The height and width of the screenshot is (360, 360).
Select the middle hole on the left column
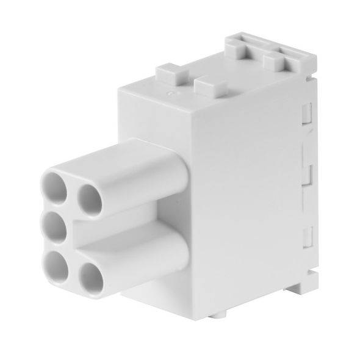coord(56,228)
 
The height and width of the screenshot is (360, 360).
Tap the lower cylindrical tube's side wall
coord(146,256)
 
